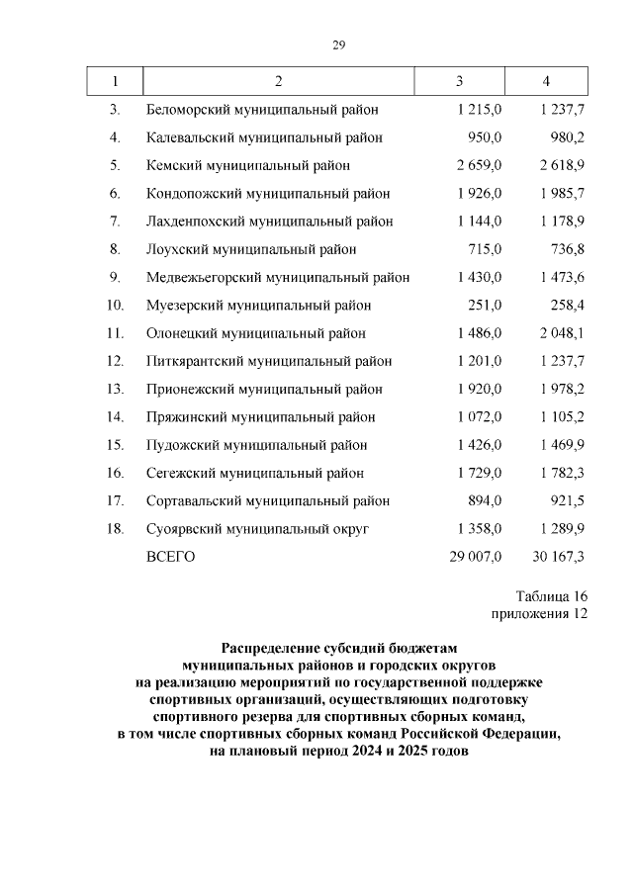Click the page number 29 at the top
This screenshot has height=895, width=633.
pos(338,44)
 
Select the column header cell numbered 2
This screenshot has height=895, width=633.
pos(279,80)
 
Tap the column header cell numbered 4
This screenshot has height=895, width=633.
pos(546,80)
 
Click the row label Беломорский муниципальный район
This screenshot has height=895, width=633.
pos(262,109)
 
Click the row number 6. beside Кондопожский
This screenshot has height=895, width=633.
pos(115,193)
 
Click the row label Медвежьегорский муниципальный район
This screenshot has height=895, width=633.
pos(278,277)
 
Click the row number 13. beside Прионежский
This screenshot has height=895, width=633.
pos(114,389)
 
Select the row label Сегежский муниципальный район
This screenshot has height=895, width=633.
pos(255,473)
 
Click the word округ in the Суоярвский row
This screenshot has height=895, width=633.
pos(349,529)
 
